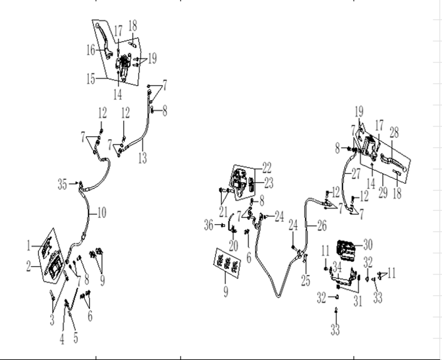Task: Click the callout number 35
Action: tap(62, 185)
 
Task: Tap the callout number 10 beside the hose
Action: tap(101, 213)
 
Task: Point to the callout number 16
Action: tap(91, 50)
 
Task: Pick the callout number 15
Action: tap(91, 79)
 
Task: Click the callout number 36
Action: tap(209, 225)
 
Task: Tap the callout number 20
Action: tap(233, 245)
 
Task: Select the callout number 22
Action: tap(267, 168)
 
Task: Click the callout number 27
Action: tap(356, 174)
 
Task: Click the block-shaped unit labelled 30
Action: tap(346, 249)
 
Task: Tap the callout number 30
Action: tap(368, 245)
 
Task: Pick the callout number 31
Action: tap(358, 301)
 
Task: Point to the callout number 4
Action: tap(62, 339)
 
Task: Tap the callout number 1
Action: tap(28, 246)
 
